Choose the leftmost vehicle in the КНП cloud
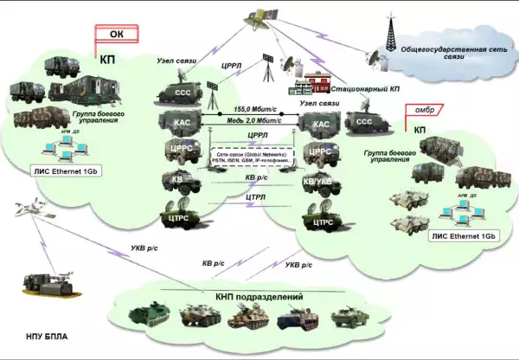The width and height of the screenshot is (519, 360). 144,317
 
